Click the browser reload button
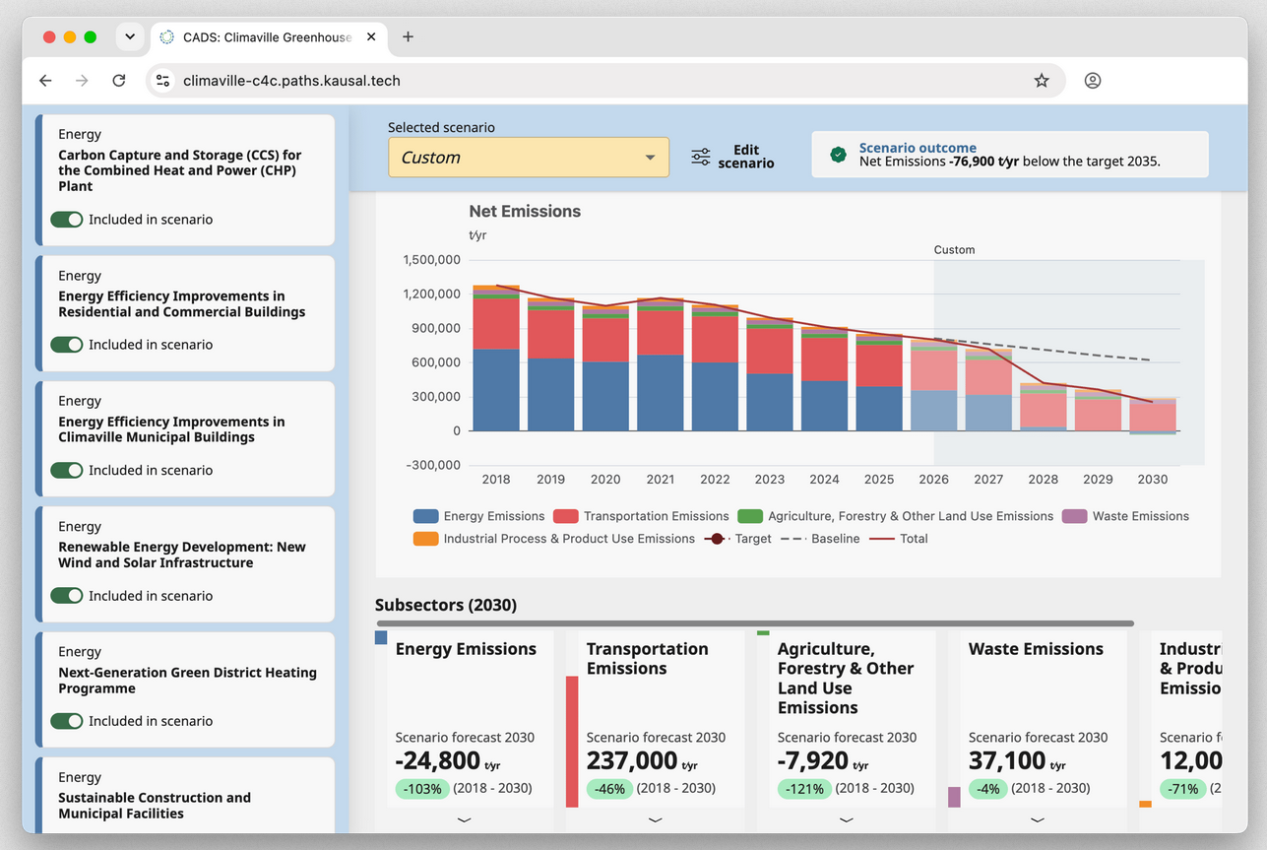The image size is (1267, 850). (x=119, y=81)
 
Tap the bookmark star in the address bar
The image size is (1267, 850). (x=1042, y=81)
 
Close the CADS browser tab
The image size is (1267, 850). (x=371, y=36)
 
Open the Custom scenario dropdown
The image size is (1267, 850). (x=529, y=157)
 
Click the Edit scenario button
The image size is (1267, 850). (x=732, y=157)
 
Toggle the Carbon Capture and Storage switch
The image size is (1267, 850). (x=67, y=219)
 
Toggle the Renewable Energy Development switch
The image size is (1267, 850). (x=67, y=595)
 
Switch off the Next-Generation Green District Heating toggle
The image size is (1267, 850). (x=67, y=720)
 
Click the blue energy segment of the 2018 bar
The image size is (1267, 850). (x=496, y=390)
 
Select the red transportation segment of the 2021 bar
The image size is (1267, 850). (x=661, y=333)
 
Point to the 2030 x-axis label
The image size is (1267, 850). (x=1152, y=480)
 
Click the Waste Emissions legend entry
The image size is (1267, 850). (x=1125, y=516)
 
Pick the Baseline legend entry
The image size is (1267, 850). (x=820, y=539)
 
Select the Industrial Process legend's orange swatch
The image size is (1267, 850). (x=425, y=539)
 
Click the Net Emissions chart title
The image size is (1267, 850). (x=525, y=211)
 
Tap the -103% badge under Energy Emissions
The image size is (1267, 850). (x=422, y=788)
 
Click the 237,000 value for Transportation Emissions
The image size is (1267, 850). (x=632, y=760)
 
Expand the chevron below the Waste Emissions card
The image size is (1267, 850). (x=1038, y=819)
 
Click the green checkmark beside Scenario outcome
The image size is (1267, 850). (x=838, y=155)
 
